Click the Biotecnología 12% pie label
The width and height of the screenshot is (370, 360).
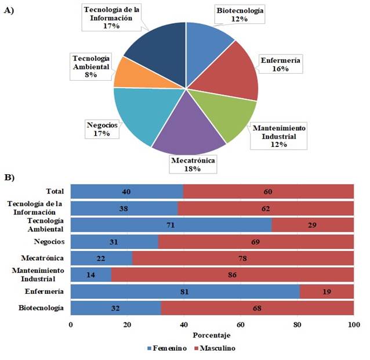[240, 15]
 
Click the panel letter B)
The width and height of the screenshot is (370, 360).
[10, 176]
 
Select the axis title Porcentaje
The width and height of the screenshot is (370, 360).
[212, 336]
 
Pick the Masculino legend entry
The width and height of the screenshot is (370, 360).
[216, 348]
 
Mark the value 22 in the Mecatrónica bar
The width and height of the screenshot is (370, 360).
[99, 257]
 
